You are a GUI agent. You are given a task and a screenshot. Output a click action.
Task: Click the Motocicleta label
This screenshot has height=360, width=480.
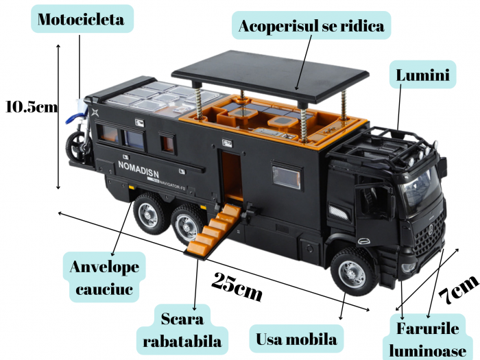pyautogui.click(x=81, y=19)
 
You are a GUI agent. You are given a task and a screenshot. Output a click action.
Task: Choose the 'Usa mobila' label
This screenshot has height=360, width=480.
pyautogui.click(x=296, y=339)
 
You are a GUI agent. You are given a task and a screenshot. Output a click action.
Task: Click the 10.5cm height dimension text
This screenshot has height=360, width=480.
pyautogui.click(x=30, y=107)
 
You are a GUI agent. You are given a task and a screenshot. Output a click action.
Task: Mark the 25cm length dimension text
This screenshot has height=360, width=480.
pyautogui.click(x=237, y=286)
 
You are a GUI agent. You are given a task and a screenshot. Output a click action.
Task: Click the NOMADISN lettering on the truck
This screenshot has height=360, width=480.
pyautogui.click(x=138, y=166)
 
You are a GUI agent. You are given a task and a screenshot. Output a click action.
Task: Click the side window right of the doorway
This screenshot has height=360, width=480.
pyautogui.click(x=287, y=176)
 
